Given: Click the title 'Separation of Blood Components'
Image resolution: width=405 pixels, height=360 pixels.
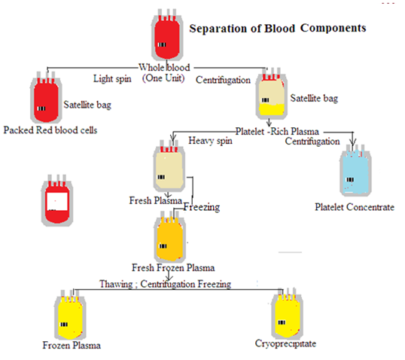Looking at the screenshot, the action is [278, 28].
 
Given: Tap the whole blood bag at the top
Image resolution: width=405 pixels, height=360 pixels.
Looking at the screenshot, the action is [167, 35].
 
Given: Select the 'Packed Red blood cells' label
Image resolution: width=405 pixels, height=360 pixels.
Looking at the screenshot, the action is [50, 130].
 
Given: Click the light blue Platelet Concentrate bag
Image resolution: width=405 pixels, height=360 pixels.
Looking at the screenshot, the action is [355, 170].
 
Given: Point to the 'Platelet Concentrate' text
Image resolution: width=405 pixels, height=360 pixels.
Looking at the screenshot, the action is [355, 207].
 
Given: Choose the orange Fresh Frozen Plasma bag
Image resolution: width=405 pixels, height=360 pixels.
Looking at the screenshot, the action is [170, 236].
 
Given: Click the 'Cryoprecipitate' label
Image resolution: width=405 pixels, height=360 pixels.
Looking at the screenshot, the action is [285, 343].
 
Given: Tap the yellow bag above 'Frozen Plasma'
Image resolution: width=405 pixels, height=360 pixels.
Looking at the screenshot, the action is [70, 315].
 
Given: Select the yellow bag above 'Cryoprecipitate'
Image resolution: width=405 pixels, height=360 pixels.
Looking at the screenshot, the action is [288, 313].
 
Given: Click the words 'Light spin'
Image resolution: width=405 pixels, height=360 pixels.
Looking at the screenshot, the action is [112, 79].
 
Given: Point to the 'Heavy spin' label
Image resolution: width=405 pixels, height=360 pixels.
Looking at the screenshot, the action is [210, 141].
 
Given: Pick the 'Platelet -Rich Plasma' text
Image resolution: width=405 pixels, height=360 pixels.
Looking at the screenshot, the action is [277, 132].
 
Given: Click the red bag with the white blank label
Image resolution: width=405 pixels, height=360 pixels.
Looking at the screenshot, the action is [57, 200].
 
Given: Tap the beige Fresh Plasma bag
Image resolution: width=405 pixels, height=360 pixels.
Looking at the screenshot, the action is [169, 166].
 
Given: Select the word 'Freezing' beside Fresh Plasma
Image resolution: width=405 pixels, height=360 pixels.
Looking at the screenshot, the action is [202, 207].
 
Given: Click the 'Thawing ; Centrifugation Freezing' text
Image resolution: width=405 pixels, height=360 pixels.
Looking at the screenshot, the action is [166, 284].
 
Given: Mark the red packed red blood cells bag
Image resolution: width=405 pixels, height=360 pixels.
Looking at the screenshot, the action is [46, 97].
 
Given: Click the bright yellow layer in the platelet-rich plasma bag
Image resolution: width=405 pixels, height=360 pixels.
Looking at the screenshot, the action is [272, 109].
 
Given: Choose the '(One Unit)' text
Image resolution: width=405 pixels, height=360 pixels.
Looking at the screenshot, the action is [163, 78].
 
